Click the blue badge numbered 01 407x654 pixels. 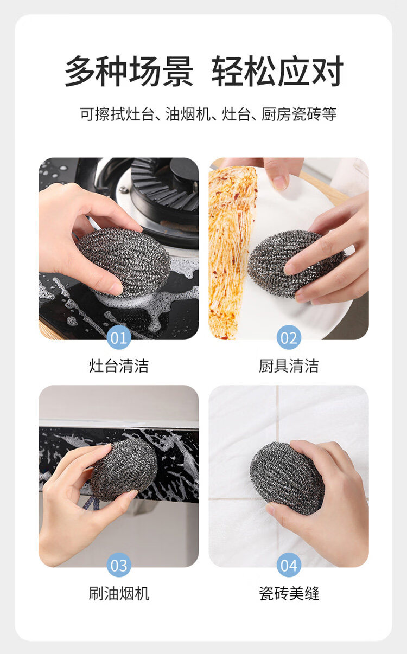[119, 337]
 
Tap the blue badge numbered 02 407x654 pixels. [289, 337]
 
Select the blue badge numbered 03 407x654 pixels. [119, 565]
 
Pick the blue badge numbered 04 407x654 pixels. [289, 565]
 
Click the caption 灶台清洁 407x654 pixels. [119, 366]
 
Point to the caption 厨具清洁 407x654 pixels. [289, 366]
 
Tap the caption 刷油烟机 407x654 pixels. [119, 593]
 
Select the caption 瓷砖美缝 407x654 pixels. [289, 593]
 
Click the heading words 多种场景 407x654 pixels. [129, 71]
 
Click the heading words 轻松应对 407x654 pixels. [277, 71]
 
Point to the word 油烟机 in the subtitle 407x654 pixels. [188, 114]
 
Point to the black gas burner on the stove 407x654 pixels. [164, 184]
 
